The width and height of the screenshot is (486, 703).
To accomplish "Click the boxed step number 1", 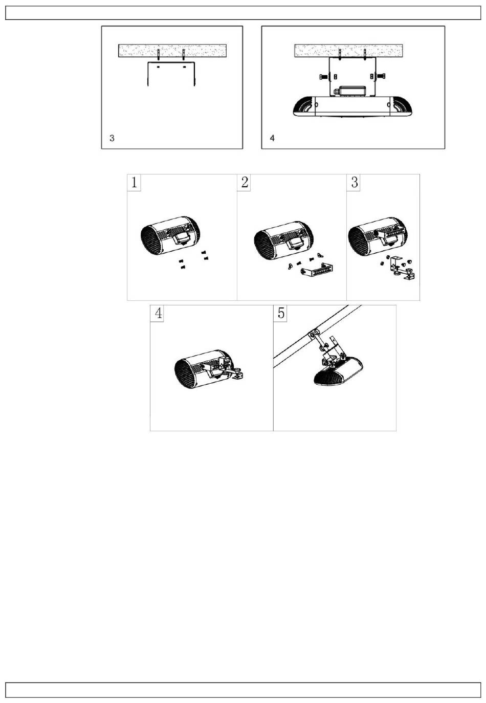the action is [134, 182].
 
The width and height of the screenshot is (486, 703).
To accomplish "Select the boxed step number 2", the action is [244, 182].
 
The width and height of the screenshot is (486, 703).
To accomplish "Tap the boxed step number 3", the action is [354, 182].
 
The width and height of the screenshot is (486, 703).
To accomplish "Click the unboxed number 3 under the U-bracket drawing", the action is [112, 138].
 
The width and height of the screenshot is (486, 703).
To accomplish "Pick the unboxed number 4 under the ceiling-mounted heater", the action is [272, 138].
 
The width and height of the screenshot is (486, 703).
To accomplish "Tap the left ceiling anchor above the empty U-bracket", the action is [159, 55].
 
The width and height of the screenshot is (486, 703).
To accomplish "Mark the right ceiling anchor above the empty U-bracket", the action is [184, 55].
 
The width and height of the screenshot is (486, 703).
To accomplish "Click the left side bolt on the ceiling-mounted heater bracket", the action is [323, 76].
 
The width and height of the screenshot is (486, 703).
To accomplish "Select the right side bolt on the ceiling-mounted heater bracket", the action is [381, 76].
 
